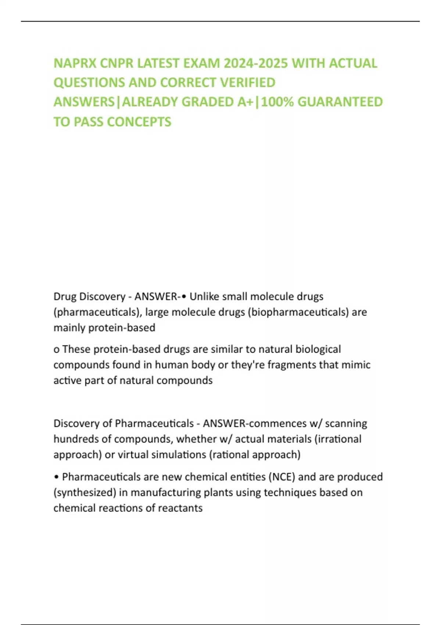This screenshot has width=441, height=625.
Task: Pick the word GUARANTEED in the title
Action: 340,102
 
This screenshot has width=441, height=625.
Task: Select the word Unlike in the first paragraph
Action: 205,296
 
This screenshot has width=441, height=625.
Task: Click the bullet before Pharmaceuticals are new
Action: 56,477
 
